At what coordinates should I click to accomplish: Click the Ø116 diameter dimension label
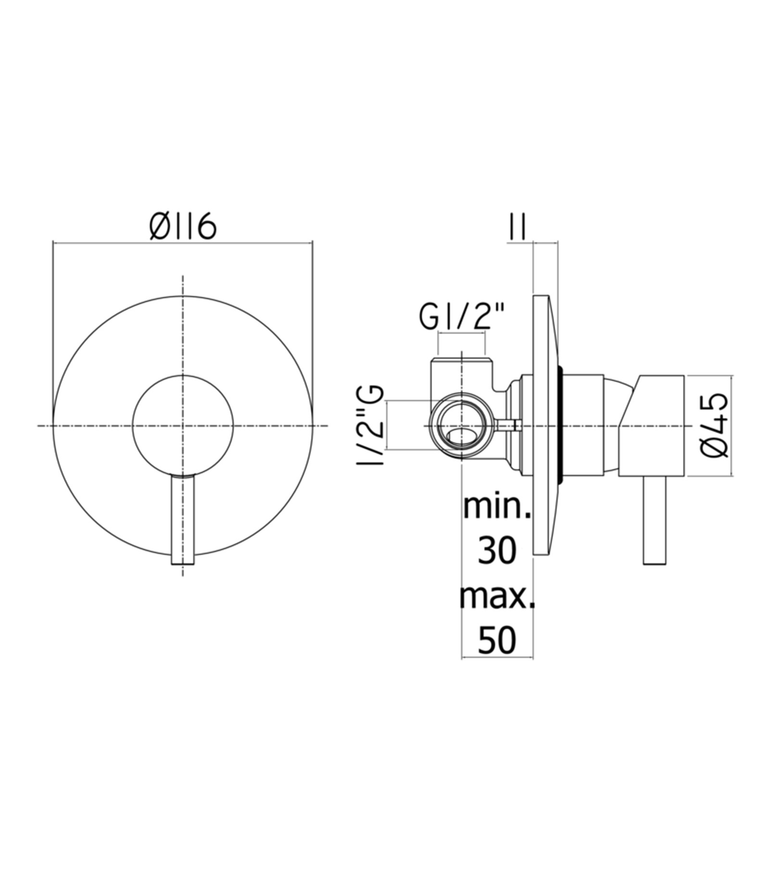tap(183, 227)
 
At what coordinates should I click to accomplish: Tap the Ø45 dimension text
tap(715, 425)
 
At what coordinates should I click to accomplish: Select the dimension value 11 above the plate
tap(517, 227)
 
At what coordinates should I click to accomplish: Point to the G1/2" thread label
tap(462, 317)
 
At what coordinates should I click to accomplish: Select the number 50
tap(497, 640)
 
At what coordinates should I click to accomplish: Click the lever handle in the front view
tap(183, 519)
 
